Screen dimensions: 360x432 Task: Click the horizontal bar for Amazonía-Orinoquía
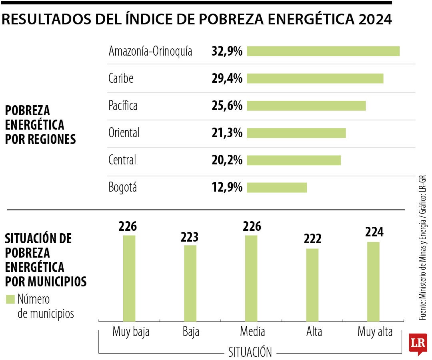coord(323,51)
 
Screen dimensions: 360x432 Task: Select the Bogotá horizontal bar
coord(277,188)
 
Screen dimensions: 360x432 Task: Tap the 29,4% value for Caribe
coord(227,79)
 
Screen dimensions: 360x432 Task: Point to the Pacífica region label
coord(123,106)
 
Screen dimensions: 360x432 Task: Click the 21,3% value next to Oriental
coord(227,133)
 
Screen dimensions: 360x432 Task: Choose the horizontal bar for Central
coord(294,160)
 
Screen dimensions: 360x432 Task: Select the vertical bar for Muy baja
coord(129,278)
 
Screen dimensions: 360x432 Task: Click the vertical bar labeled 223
coord(190,283)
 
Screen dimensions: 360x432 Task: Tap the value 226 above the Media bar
coord(252,227)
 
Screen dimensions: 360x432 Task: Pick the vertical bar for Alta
coord(312,285)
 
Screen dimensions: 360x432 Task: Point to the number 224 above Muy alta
coord(374,232)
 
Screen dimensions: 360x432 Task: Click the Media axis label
coord(252,332)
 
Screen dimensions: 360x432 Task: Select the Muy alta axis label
coord(375,332)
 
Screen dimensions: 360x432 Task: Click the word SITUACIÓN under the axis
coord(250,352)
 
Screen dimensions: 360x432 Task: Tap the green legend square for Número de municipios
coord(10,299)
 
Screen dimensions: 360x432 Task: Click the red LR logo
coord(418,343)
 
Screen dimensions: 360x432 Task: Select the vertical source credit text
coord(422,248)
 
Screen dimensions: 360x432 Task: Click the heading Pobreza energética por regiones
coord(40,125)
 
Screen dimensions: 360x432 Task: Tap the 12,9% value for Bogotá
coord(227,188)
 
